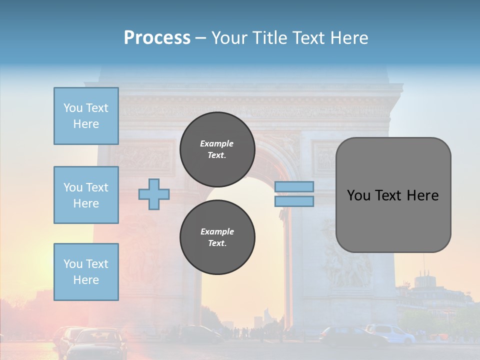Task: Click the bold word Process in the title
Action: (157, 38)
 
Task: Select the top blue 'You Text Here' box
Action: (86, 116)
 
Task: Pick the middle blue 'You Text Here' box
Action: (86, 195)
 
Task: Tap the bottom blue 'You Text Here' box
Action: (86, 272)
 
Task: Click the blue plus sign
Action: (154, 194)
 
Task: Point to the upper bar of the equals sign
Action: (294, 187)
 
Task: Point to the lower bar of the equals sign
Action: (294, 201)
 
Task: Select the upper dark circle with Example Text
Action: (217, 149)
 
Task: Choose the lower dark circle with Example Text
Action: (217, 237)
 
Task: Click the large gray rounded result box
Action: (393, 195)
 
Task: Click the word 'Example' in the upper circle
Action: (217, 143)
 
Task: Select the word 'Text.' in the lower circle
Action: (217, 243)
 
